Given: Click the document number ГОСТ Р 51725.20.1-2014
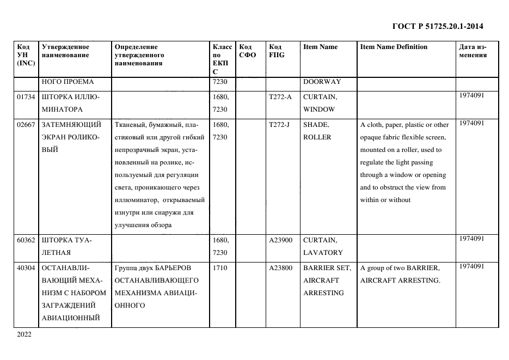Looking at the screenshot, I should tap(437, 26).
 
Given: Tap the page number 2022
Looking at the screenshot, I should tap(25, 334).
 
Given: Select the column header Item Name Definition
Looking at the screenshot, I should tap(394, 47).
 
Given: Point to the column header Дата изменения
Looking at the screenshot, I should tap(473, 51).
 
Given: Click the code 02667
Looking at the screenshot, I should tap(26, 125).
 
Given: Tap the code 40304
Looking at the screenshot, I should tap(26, 268).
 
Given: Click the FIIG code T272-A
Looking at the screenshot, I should tap(280, 96).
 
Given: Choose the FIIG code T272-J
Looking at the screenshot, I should tap(279, 125).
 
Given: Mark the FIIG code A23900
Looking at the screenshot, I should tap(281, 240).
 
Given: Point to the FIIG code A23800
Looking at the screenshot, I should tap(281, 268).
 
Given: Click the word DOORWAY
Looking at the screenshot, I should tap(322, 82).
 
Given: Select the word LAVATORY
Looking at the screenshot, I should tap(323, 253).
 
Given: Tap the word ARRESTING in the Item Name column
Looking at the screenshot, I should tap(323, 293).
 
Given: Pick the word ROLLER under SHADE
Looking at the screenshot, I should tap(317, 137).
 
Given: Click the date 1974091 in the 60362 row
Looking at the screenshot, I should tap(471, 239).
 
